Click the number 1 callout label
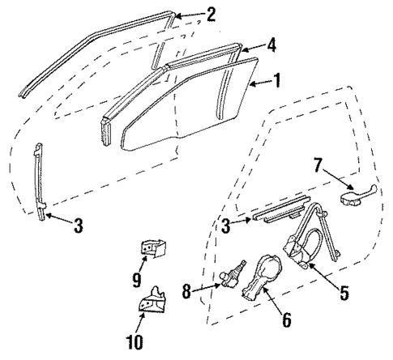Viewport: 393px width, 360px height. coord(277,80)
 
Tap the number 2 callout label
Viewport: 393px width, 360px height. coord(211,14)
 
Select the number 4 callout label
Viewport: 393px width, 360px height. coord(272,45)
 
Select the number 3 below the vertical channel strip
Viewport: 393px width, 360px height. coord(78,227)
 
